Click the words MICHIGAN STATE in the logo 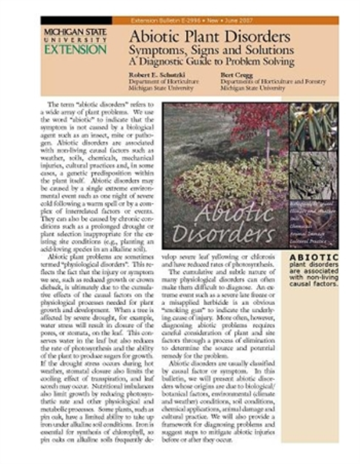(x=74, y=31)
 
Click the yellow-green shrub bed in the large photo (x=222, y=180)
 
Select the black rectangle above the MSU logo (x=76, y=20)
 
